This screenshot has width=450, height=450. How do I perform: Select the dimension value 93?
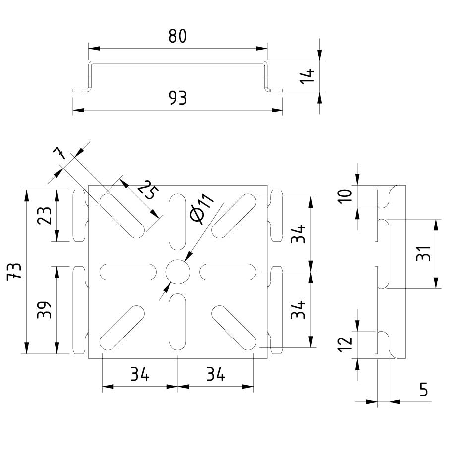(x=177, y=98)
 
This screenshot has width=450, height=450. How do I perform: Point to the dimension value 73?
(x=15, y=271)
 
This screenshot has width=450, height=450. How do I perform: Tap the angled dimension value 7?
(x=60, y=153)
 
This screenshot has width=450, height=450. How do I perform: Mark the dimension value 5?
(x=423, y=390)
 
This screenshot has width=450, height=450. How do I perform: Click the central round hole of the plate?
(x=177, y=272)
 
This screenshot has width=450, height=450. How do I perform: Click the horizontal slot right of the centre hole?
(x=228, y=272)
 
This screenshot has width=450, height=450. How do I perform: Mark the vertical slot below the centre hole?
(x=177, y=322)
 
